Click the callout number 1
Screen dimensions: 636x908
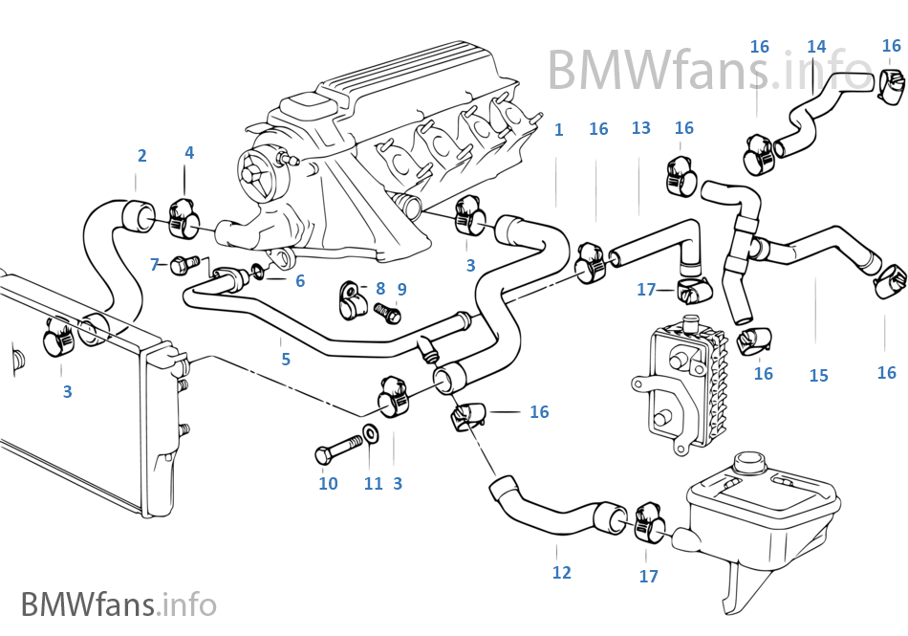[x=558, y=130]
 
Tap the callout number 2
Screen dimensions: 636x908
[x=141, y=156]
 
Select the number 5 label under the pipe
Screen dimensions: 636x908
[x=285, y=361]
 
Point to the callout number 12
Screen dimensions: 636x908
[x=561, y=573]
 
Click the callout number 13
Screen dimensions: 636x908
[x=640, y=128]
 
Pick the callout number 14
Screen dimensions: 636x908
[x=816, y=47]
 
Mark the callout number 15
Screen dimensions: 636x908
[x=818, y=376]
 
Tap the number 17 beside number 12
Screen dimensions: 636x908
[x=648, y=577]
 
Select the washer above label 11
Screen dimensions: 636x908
[x=370, y=438]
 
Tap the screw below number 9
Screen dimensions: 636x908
[x=388, y=313]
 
